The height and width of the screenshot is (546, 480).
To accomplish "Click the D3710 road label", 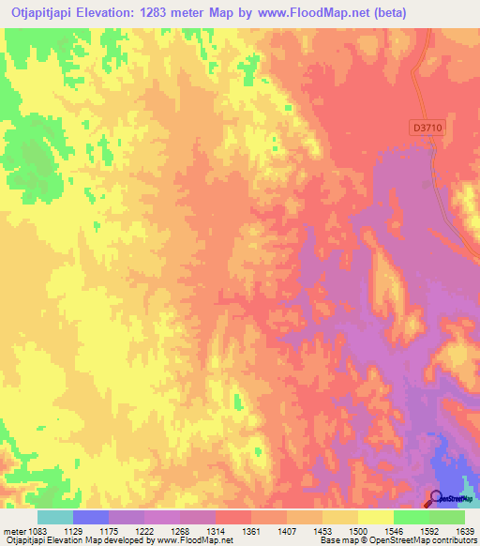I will pos(426,125).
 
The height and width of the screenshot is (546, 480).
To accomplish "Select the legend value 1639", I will pos(464,531).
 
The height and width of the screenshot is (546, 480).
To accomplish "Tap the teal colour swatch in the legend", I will pos(55,516).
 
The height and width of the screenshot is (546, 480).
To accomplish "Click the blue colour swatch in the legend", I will pos(91,516).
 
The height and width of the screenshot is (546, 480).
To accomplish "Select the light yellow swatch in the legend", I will pos(376,516).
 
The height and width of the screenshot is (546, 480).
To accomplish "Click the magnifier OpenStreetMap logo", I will pos(435,498).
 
